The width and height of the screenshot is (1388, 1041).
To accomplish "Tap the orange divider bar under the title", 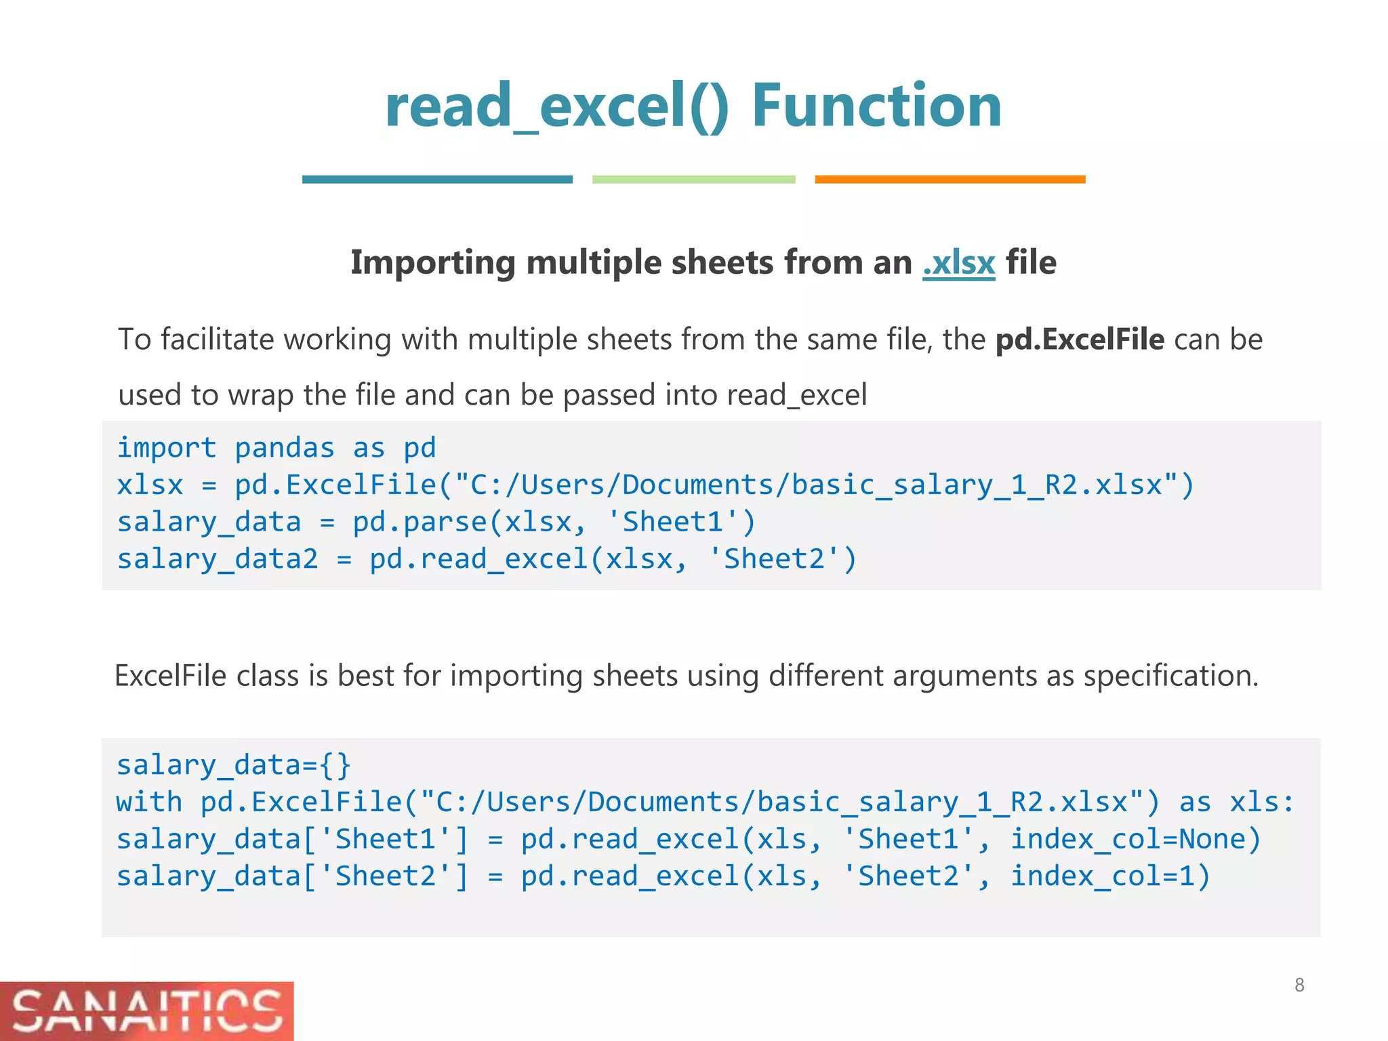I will pos(950,180).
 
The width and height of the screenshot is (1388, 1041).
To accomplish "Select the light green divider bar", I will pos(693,180).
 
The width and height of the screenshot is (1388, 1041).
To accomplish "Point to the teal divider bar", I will pos(437,180).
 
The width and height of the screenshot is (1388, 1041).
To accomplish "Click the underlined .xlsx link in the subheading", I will pos(958,263).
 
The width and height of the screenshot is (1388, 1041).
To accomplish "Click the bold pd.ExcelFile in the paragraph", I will pos(1079,340).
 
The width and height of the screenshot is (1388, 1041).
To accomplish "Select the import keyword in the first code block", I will pos(167,448).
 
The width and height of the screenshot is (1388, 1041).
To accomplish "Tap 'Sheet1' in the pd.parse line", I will pos(680,522).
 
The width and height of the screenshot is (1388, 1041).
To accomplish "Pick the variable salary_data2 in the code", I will pos(217,559).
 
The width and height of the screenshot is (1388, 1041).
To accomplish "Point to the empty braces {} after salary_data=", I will pos(336,765).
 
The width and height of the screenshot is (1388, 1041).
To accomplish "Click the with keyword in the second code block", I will pos(149,802).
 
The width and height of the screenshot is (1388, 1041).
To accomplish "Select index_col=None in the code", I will pos(1135,839).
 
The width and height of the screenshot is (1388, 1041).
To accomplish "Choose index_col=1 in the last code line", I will pos(1110,876).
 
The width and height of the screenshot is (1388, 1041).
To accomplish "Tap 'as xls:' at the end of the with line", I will pos(1236,802).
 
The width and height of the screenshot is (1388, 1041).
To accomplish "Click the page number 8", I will pos(1299,985).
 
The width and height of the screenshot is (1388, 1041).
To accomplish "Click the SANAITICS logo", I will pos(146,1011).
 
